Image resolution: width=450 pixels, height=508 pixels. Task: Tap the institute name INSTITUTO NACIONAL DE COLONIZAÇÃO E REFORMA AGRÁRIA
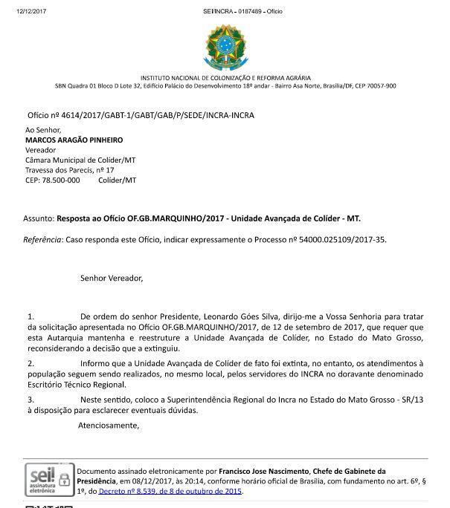coord(225,78)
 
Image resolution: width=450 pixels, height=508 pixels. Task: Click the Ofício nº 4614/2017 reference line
coord(141,116)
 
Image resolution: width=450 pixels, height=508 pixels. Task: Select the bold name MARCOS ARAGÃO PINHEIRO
coord(74,140)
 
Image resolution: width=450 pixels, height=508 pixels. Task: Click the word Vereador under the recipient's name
coord(40,150)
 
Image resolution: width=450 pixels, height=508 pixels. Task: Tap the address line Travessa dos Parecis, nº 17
coord(69,170)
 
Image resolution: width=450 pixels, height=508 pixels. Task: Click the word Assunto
coord(38,219)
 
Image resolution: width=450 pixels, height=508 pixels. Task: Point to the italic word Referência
coord(42,240)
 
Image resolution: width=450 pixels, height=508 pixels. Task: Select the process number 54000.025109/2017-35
coord(338,240)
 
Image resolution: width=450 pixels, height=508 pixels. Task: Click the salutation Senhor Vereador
coord(111,279)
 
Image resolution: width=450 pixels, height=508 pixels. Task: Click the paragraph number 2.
coord(30,364)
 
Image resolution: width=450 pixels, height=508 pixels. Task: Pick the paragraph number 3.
coord(30,400)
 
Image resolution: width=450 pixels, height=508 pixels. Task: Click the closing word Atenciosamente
coord(109,426)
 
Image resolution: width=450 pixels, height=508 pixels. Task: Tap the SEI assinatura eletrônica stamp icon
coord(50,480)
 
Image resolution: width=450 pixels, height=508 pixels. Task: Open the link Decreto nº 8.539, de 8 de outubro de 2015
coord(170,491)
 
